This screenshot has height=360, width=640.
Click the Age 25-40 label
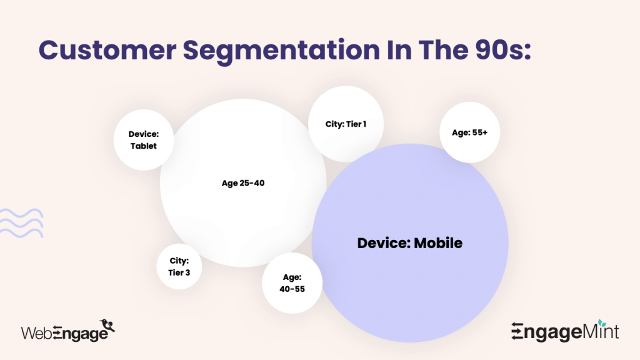243,183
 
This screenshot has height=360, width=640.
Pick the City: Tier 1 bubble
346,124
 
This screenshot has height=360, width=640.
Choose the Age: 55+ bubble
469,132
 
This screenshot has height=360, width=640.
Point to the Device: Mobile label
410,243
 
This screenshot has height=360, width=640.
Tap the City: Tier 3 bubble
179,266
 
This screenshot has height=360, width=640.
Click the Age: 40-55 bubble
292,282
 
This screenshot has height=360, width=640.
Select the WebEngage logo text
62,333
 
